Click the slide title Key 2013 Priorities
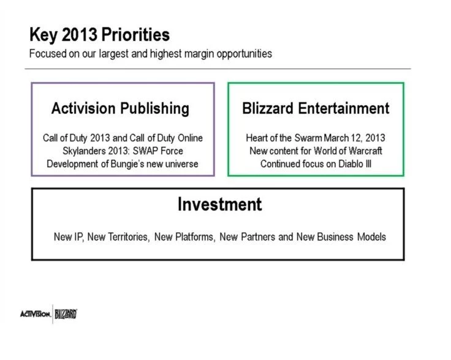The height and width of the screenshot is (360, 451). (99, 35)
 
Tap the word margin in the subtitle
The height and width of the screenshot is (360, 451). (199, 54)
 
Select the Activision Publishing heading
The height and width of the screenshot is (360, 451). (120, 108)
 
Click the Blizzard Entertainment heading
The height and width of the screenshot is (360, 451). (316, 108)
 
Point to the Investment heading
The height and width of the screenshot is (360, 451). (220, 204)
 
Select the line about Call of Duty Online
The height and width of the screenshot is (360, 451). (123, 138)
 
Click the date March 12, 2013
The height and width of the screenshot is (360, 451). (354, 138)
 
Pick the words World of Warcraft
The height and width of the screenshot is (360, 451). (347, 151)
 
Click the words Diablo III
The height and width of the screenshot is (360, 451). (355, 163)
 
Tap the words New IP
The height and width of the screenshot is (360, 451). (69, 237)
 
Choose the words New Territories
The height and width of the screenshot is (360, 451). (118, 237)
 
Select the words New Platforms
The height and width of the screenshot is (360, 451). (184, 237)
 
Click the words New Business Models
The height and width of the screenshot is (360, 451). (341, 237)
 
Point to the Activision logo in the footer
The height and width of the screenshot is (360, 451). (36, 314)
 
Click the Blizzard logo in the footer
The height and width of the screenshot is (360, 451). (66, 314)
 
